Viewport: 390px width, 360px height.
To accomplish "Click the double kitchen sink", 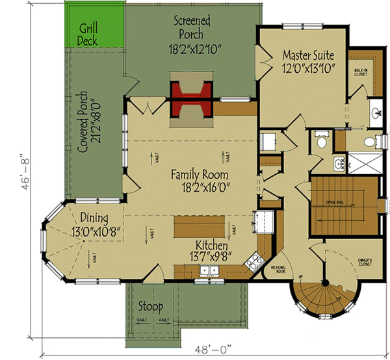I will [209, 271].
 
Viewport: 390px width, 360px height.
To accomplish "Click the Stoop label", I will [150, 306].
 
